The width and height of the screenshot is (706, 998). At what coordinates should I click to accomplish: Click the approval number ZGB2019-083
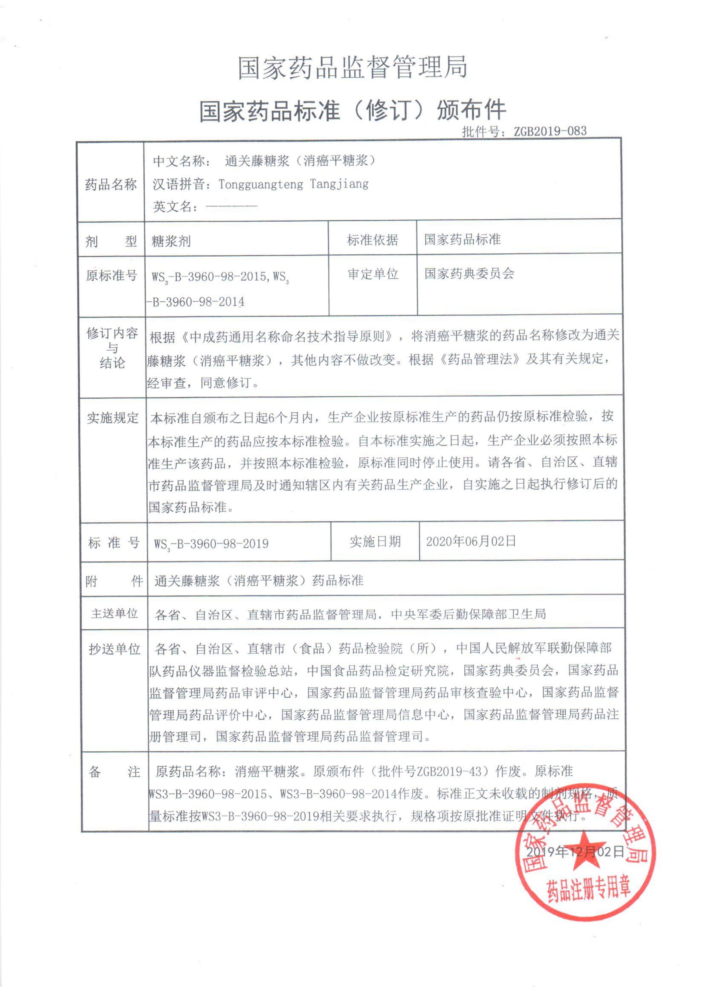pyautogui.click(x=550, y=131)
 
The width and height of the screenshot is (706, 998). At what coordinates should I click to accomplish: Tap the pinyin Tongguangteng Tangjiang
pyautogui.click(x=293, y=184)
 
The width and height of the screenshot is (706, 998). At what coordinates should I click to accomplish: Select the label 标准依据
pyautogui.click(x=372, y=240)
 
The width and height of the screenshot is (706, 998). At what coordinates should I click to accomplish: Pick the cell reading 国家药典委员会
pyautogui.click(x=469, y=273)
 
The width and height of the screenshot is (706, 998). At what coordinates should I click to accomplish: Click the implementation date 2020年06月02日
pyautogui.click(x=471, y=541)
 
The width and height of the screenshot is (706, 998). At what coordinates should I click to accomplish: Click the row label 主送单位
pyautogui.click(x=114, y=614)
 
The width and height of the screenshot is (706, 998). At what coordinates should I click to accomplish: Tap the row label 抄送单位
pyautogui.click(x=114, y=649)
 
